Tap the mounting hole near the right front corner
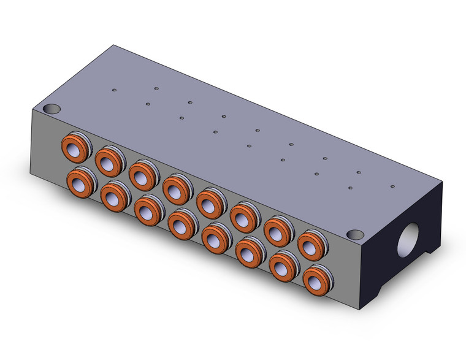[x=355, y=234]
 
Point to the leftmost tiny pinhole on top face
[x=114, y=91]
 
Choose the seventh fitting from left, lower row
[x=283, y=265]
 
